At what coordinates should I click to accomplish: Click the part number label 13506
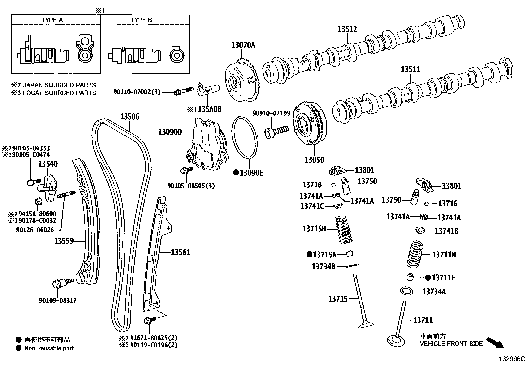tap(130, 117)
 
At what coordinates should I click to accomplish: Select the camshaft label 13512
tap(347, 29)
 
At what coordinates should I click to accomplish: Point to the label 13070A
tap(243, 45)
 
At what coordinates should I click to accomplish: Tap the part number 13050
tap(314, 160)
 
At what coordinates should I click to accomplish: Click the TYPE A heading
tap(52, 20)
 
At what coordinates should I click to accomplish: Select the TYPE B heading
tap(141, 20)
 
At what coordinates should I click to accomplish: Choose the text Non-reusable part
tap(49, 348)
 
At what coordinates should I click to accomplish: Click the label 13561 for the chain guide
tap(181, 252)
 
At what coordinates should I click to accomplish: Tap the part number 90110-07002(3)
tap(136, 92)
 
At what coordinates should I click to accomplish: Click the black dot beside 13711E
tap(428, 277)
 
